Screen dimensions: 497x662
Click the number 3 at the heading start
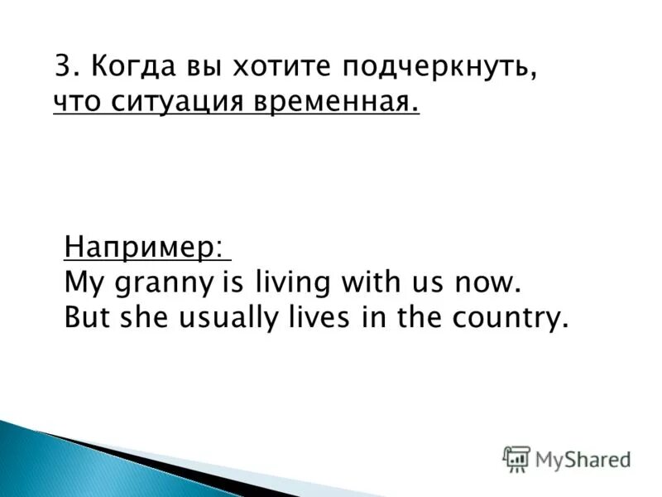tap(62, 65)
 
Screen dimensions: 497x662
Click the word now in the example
tap(492, 283)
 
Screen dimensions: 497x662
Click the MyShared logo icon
tap(516, 458)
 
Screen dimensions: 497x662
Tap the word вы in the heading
tap(201, 65)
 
